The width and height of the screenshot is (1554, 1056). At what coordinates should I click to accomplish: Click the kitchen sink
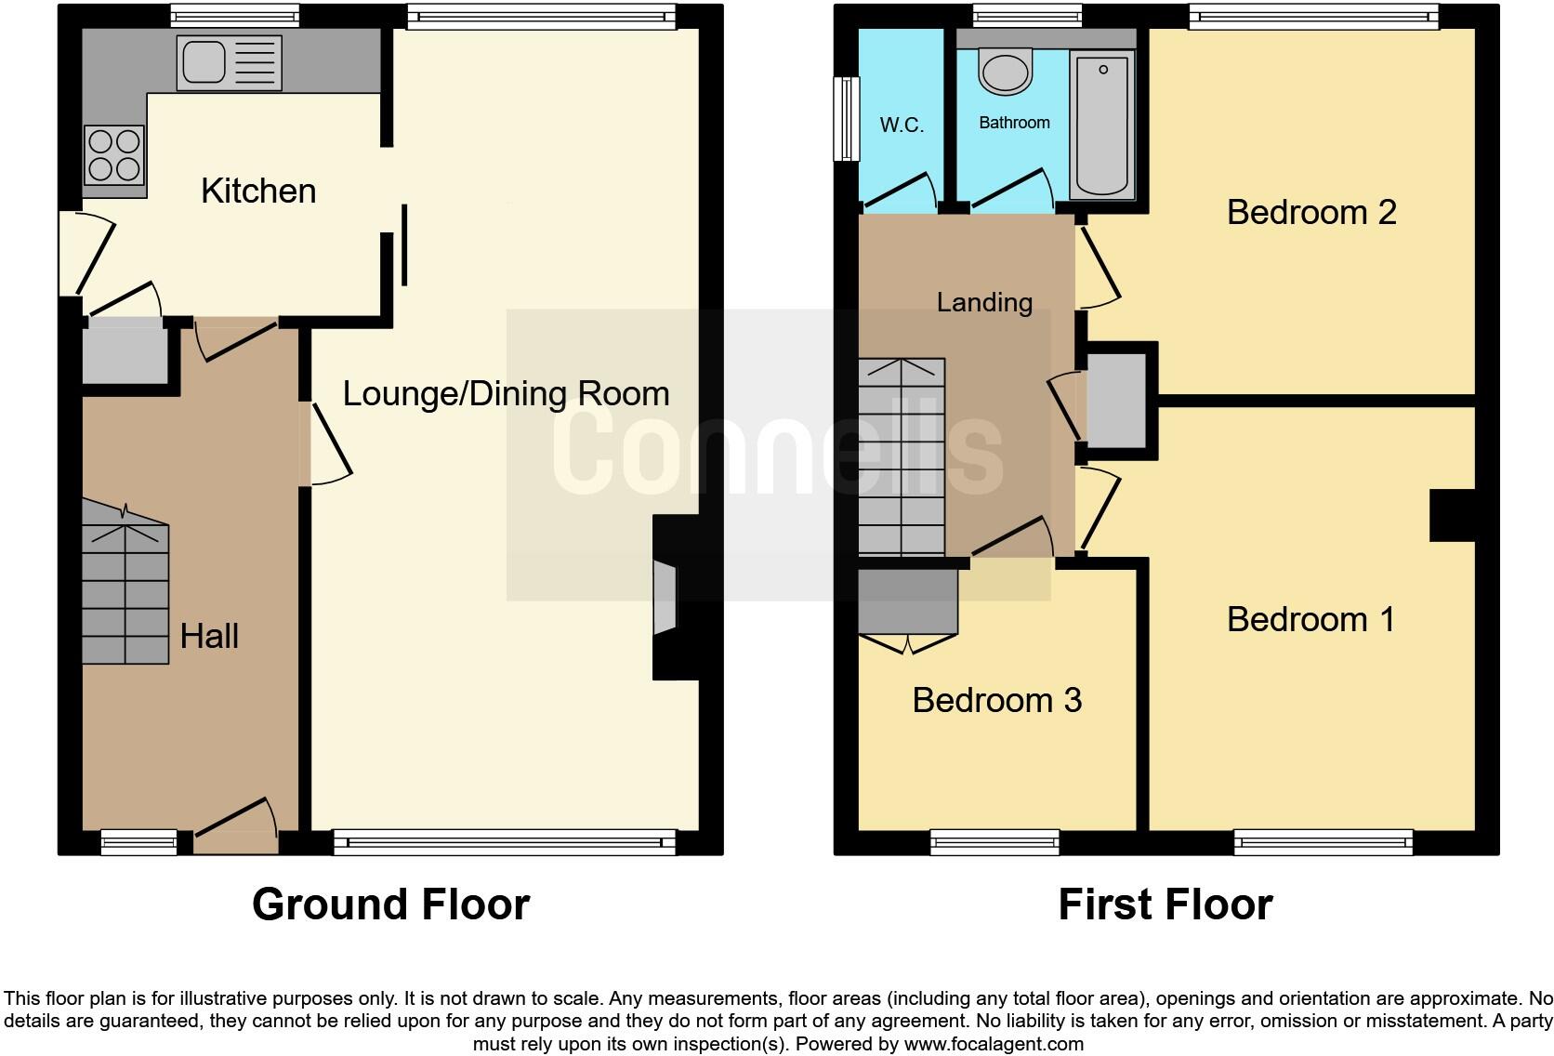click(x=228, y=62)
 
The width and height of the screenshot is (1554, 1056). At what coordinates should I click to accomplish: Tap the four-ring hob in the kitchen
click(x=114, y=155)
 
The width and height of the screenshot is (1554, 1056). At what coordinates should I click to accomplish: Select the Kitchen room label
click(x=258, y=191)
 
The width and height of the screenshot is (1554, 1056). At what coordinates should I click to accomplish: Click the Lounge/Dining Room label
click(x=506, y=393)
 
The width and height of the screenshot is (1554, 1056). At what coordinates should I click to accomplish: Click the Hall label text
click(x=209, y=636)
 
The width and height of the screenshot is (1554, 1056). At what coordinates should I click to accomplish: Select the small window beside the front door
click(x=138, y=843)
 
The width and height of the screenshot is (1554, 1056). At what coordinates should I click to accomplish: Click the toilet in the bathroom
click(x=1006, y=73)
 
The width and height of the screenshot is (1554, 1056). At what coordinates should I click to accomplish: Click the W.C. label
click(x=902, y=125)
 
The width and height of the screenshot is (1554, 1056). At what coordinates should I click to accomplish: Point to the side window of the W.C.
click(x=846, y=118)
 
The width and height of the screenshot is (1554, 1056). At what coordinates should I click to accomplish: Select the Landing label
click(x=984, y=302)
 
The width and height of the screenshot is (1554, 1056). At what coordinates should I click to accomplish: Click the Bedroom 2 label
click(x=1311, y=212)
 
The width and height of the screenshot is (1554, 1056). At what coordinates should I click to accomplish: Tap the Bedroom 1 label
click(x=1310, y=619)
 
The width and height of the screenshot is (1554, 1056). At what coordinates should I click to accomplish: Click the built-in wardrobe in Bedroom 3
click(x=908, y=601)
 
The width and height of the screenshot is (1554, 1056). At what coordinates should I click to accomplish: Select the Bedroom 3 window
click(x=994, y=843)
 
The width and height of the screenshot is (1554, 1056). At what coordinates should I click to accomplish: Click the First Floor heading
click(x=1165, y=904)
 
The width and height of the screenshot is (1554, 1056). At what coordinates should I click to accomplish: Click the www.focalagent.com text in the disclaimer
click(x=994, y=1044)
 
